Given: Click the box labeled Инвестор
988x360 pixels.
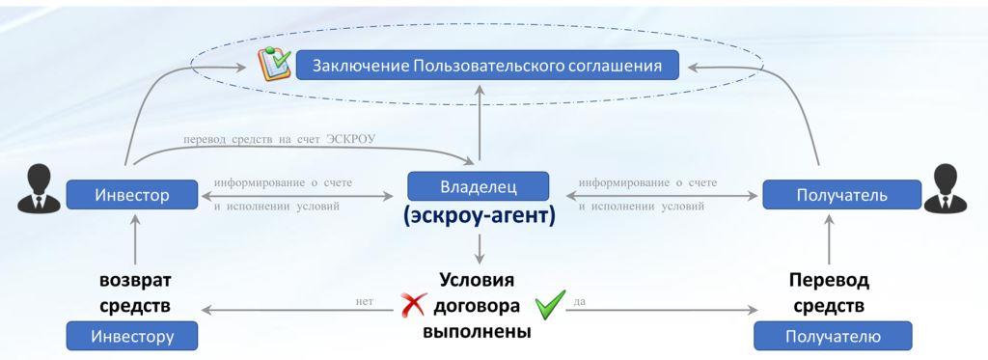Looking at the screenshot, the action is point(131,195).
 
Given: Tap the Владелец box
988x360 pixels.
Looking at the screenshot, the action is point(479,186).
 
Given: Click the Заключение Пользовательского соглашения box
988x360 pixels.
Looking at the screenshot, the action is point(487,66).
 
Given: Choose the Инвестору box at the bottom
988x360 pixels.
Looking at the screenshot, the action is point(131,337).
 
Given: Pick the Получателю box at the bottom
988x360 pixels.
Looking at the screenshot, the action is point(832,337).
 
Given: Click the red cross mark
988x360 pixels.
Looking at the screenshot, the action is point(413,306).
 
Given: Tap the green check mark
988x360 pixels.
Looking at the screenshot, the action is point(549,305).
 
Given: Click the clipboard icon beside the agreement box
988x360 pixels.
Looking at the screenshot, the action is point(274,64).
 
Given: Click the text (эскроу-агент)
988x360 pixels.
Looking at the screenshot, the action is point(479,217).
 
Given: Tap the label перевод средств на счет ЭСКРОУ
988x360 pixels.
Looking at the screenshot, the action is point(279,140).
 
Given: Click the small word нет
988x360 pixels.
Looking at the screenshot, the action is point(365,301).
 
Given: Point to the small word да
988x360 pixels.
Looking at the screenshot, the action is point(580,301).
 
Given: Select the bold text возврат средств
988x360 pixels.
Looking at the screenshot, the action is point(135,292).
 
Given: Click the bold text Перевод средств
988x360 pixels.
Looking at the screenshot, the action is point(829,292).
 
